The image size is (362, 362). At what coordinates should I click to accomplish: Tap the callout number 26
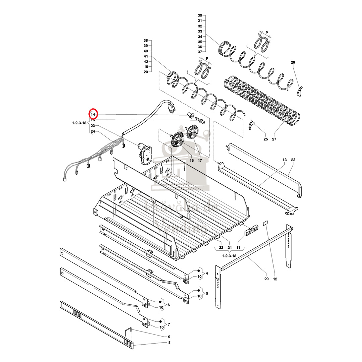(293, 63)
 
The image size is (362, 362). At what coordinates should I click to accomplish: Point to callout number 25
(266, 139)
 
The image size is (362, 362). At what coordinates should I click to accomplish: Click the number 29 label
(266, 279)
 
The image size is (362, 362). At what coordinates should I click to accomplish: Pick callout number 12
(275, 279)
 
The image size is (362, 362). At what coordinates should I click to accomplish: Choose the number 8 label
(169, 343)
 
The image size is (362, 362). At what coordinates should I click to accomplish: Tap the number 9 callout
(169, 337)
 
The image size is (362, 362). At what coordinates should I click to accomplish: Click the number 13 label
(285, 160)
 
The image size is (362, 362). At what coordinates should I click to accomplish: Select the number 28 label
(293, 160)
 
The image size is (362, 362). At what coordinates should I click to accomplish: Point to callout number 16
(192, 161)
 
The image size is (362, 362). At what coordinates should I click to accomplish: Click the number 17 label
(200, 161)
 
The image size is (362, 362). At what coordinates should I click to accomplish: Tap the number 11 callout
(238, 247)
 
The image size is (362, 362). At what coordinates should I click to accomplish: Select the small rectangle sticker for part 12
(266, 222)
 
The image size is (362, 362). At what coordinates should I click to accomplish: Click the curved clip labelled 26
(300, 91)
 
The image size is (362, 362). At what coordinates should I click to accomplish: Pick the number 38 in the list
(146, 41)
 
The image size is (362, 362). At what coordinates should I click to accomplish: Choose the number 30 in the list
(200, 15)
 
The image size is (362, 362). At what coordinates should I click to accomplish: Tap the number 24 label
(93, 131)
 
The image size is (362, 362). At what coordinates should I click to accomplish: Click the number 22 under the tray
(221, 247)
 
